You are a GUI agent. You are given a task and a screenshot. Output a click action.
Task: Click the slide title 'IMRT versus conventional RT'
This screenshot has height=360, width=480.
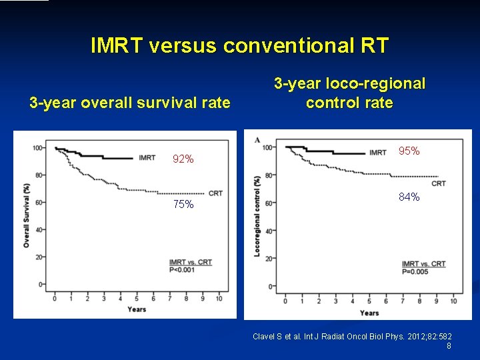coord(239,46)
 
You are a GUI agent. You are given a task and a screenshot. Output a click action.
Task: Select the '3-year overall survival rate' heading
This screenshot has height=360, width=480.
coord(130,103)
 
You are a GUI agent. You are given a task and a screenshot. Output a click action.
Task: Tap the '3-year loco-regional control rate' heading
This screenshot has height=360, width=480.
coord(349,93)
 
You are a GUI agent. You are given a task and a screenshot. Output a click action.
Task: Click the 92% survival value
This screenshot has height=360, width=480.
coord(183,159)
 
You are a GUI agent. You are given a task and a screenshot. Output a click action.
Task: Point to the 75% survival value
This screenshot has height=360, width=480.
coord(183,205)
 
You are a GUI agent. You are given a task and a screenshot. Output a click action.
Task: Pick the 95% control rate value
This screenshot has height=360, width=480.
coord(409,151)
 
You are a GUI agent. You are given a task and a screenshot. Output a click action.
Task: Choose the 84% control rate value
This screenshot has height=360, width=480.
coord(409,197)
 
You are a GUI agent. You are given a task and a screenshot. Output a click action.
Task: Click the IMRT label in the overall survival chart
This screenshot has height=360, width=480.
coord(147,158)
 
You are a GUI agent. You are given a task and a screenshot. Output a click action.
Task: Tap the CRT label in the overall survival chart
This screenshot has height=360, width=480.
coord(215,193)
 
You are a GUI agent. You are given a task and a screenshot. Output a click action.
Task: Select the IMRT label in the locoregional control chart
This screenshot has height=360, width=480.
coord(377,153)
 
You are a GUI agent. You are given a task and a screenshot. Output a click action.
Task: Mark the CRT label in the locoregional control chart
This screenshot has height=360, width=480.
coord(439,183)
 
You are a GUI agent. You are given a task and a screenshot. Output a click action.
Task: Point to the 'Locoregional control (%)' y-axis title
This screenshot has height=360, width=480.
coord(257,215)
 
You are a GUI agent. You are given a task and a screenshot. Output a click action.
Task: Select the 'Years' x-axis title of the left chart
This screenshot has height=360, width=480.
coord(137,309)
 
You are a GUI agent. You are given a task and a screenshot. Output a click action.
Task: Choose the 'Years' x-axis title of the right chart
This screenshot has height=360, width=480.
coord(369,313)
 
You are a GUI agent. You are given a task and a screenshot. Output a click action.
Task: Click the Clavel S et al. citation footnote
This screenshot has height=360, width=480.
coord(352,337)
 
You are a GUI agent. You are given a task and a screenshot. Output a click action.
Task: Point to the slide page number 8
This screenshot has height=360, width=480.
coord(449,346)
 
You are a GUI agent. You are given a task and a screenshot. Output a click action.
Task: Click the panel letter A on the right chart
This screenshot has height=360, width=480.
coord(257,140)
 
